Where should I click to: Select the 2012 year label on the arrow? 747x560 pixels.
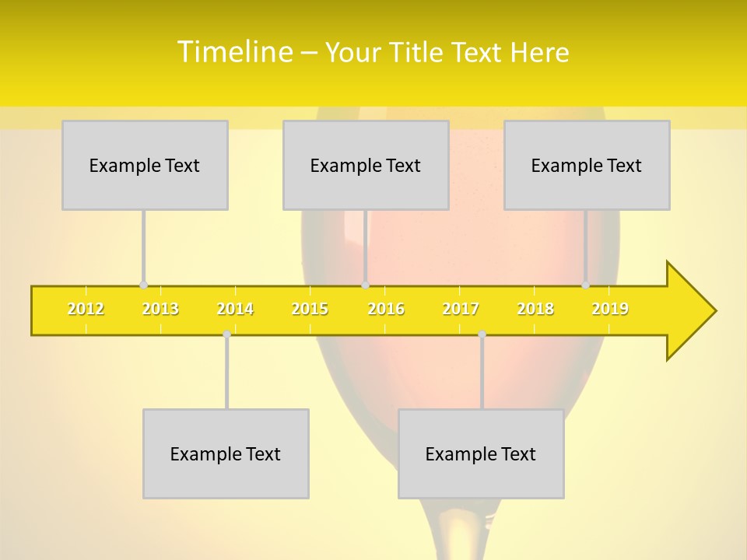[x=86, y=310]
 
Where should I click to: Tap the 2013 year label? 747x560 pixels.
[x=160, y=310]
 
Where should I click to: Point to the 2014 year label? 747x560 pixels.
[x=235, y=310]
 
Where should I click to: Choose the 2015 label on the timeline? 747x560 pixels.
[x=310, y=310]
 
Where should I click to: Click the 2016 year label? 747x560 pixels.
[x=386, y=310]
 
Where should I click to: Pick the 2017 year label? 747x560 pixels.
[x=461, y=310]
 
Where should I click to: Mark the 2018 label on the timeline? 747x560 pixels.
[x=535, y=310]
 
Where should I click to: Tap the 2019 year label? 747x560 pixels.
[x=610, y=310]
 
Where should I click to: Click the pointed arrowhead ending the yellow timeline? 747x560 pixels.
[x=691, y=311]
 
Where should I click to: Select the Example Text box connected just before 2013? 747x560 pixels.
[x=145, y=165]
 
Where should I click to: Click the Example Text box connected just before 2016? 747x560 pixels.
[x=366, y=165]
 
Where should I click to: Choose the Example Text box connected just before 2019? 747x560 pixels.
[x=587, y=165]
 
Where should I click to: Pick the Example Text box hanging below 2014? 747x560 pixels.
[x=226, y=453]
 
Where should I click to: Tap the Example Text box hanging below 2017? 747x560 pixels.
[x=481, y=453]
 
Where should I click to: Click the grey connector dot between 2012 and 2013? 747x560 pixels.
[x=143, y=285]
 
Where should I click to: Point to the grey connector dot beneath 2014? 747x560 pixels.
[x=226, y=334]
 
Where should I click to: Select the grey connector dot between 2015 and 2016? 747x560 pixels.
[x=365, y=285]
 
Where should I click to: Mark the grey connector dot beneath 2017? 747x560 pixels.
[x=482, y=334]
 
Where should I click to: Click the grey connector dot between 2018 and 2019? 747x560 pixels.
[x=586, y=285]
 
